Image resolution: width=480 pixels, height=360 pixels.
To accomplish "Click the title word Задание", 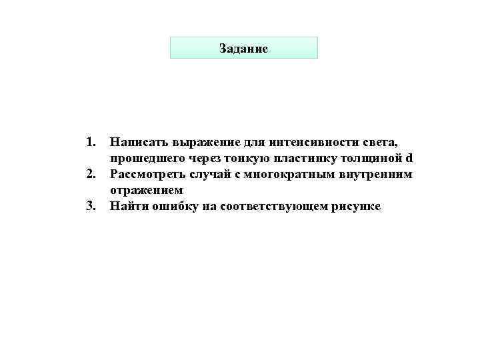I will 243,49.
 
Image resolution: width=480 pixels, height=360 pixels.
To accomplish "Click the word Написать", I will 139,142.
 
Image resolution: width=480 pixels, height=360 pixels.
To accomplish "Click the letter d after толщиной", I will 409,158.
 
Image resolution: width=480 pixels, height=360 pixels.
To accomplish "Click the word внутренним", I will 381,175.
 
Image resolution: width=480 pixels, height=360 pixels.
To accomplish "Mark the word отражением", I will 145,191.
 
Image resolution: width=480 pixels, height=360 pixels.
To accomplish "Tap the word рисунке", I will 353,207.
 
